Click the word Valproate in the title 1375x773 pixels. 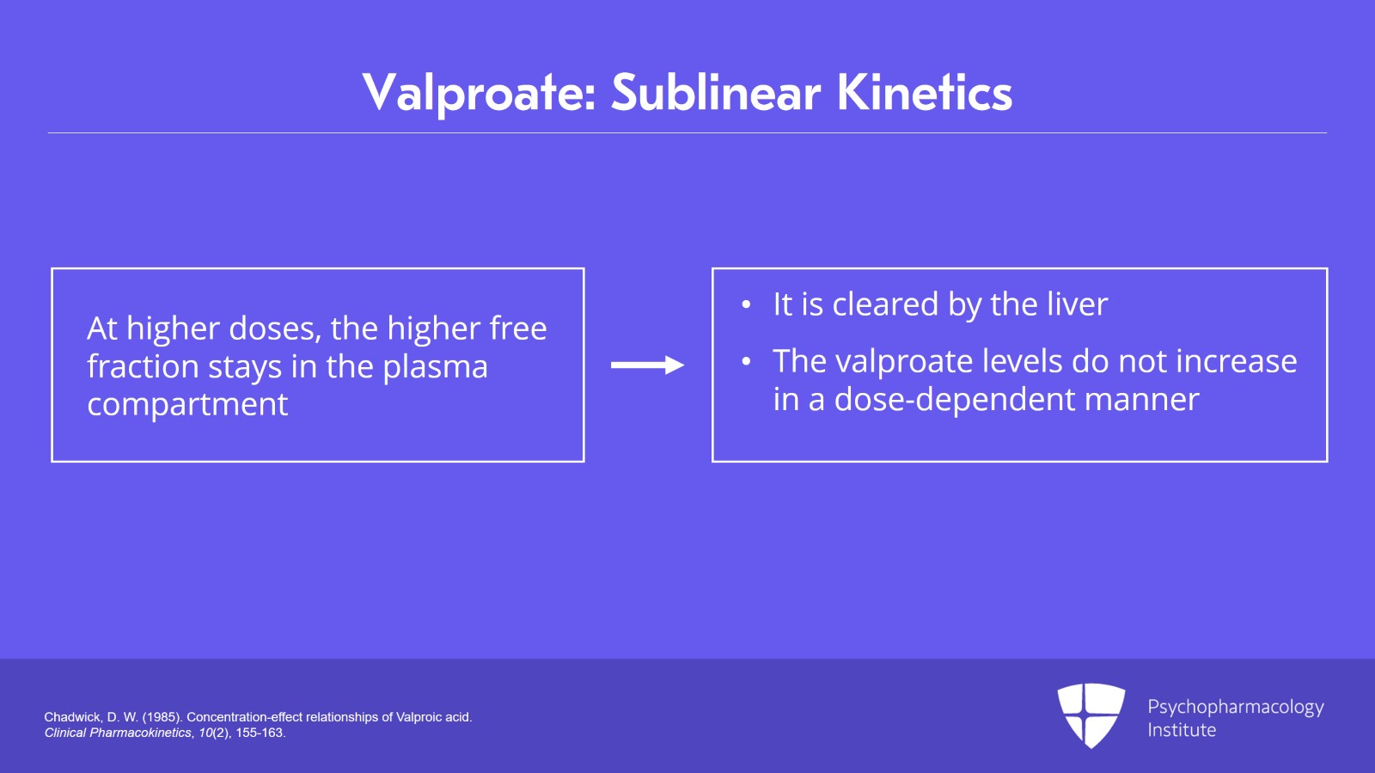[x=479, y=94]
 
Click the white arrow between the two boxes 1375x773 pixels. [x=647, y=365]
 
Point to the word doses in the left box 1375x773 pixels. [x=275, y=328]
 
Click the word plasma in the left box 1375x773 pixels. [x=435, y=366]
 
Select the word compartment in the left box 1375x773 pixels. [x=187, y=405]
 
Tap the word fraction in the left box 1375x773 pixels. [x=143, y=366]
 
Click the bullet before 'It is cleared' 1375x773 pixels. [x=746, y=304]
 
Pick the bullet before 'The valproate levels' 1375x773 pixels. [x=746, y=362]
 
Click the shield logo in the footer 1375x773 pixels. [x=1091, y=715]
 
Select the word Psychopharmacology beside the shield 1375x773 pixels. [x=1236, y=708]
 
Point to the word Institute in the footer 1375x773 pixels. [x=1182, y=730]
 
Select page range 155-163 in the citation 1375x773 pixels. [x=260, y=733]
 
